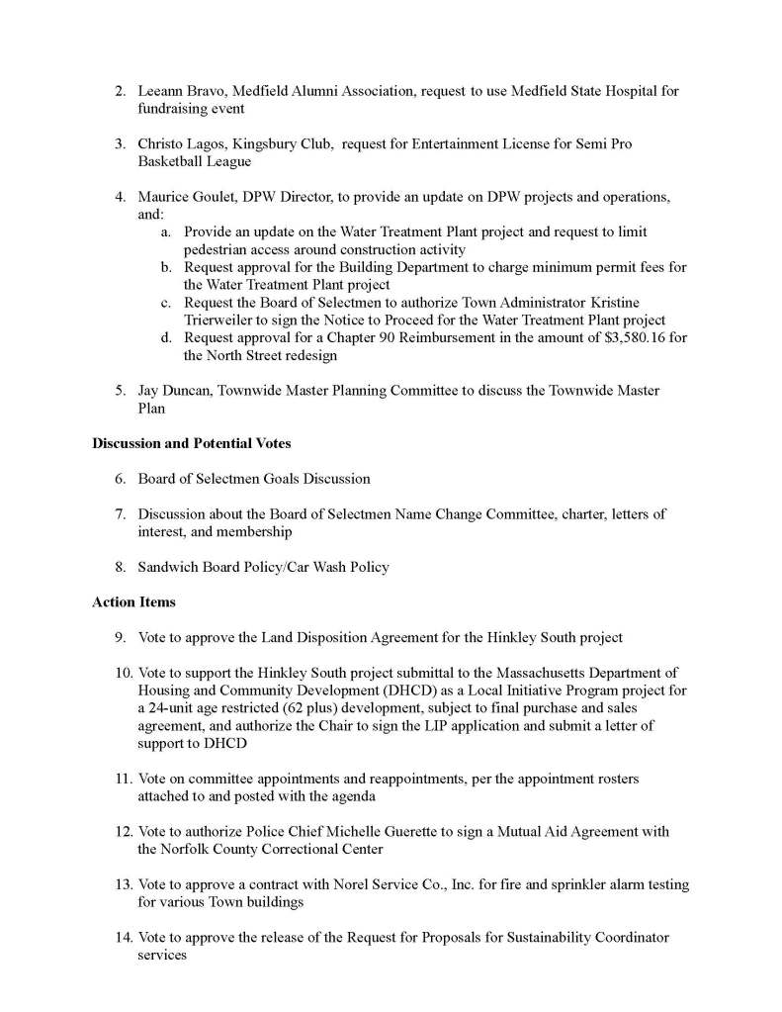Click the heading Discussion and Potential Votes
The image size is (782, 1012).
[191, 443]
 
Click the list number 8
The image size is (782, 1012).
[120, 567]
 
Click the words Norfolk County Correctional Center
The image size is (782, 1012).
[260, 850]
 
